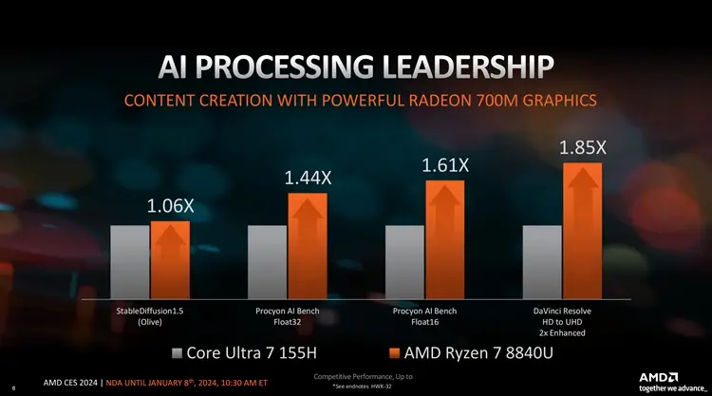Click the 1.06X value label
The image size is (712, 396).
coord(170,206)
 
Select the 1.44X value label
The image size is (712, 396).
coord(308,178)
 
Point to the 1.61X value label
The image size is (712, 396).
coord(445,166)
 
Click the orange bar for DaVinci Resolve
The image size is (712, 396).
coord(583,230)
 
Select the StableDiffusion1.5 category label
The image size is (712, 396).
coord(150,311)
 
